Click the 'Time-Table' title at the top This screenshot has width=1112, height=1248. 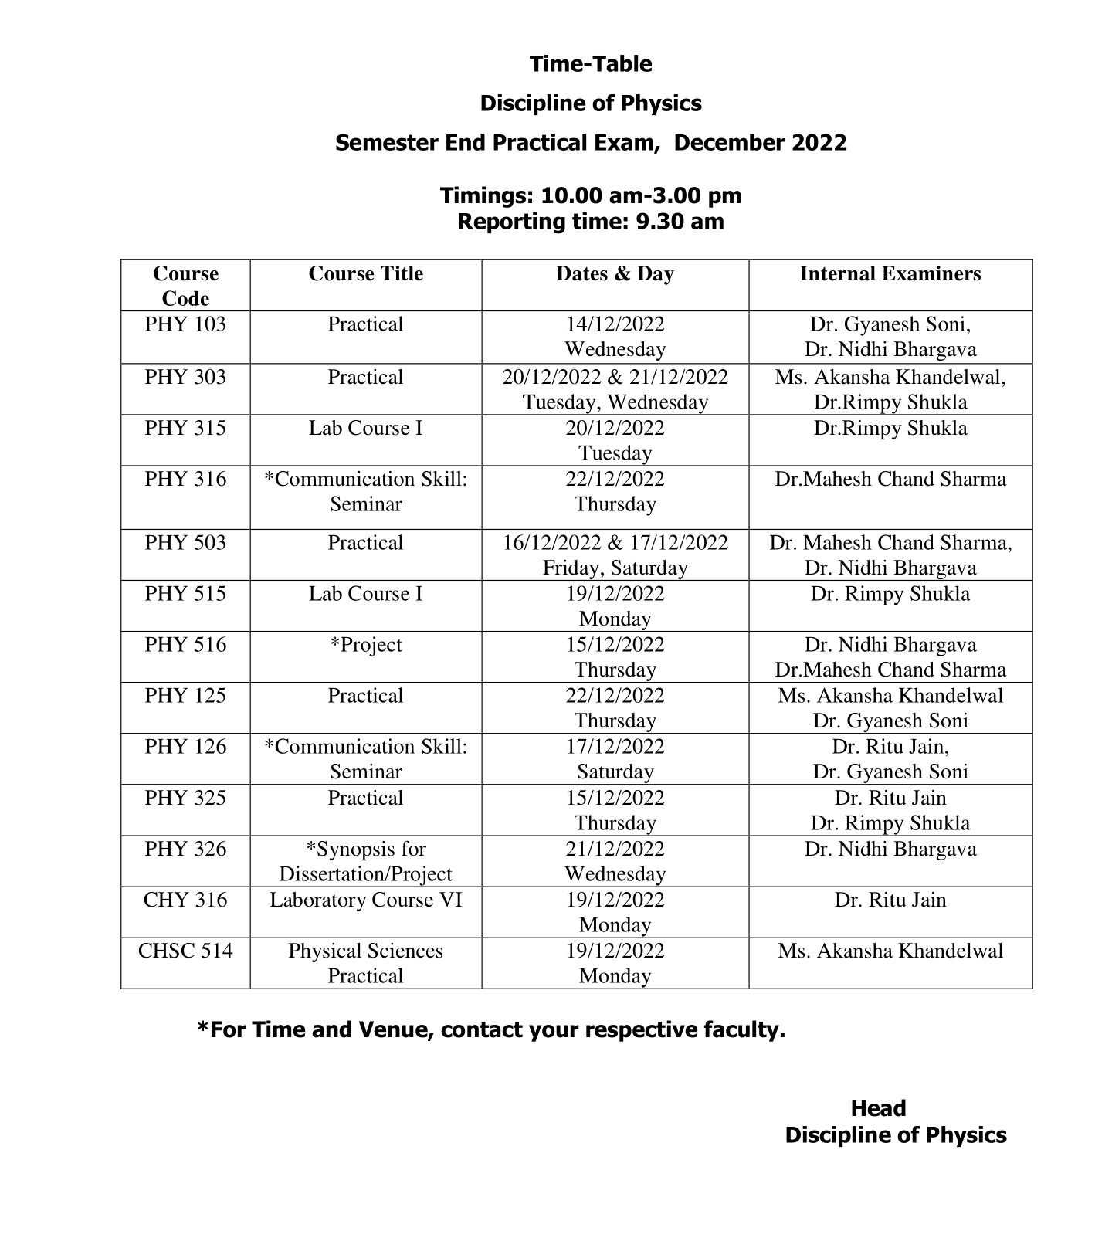click(591, 64)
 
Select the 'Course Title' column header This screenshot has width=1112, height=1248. click(365, 274)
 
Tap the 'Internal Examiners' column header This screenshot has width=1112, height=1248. click(890, 274)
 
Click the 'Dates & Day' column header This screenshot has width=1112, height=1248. click(615, 274)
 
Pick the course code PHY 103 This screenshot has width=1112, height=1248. click(185, 324)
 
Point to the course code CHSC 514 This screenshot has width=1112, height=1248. click(185, 951)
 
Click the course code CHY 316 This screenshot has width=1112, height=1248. click(185, 900)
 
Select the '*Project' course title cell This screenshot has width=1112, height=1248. click(365, 645)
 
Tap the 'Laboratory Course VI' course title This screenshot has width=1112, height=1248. click(365, 900)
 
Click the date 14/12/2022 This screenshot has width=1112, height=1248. click(615, 324)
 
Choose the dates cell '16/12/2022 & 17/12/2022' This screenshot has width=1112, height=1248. click(615, 543)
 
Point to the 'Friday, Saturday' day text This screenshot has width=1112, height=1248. click(615, 568)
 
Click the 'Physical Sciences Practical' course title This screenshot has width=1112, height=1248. click(365, 963)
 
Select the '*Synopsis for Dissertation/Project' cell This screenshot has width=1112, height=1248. click(365, 861)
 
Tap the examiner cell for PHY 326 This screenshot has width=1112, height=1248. click(890, 850)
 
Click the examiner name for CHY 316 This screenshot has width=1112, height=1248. click(890, 900)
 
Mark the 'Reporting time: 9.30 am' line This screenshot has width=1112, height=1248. click(591, 222)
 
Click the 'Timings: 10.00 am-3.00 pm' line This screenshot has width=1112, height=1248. click(591, 195)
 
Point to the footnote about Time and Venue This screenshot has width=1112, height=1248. click(491, 1029)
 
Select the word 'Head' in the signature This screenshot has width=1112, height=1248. click(878, 1109)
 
